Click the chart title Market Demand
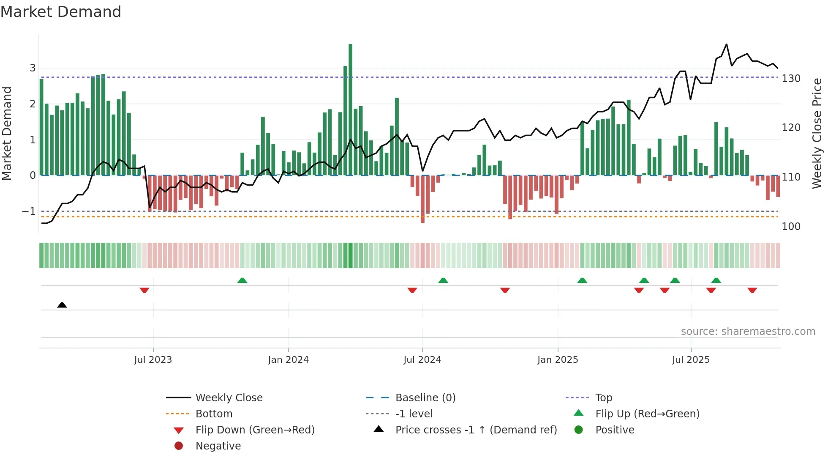pos(61,11)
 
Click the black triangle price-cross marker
pos(62,305)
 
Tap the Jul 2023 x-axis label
pos(153,360)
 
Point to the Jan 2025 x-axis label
pos(558,360)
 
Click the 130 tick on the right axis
pos(791,79)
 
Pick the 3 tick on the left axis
pos(33,68)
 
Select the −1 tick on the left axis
pos(29,211)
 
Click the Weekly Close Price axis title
pos(817,133)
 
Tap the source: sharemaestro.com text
pos(748,332)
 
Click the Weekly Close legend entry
pos(229,398)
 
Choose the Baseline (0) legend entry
pos(425,398)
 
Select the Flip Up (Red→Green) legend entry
pos(647,414)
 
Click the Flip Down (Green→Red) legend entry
pos(255,430)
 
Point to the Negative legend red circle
pos(179,446)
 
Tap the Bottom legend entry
pos(214,414)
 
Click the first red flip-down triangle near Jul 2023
pos(144,290)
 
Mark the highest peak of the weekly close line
pos(727,44)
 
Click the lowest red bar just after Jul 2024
pos(422,199)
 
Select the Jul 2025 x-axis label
pos(691,360)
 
